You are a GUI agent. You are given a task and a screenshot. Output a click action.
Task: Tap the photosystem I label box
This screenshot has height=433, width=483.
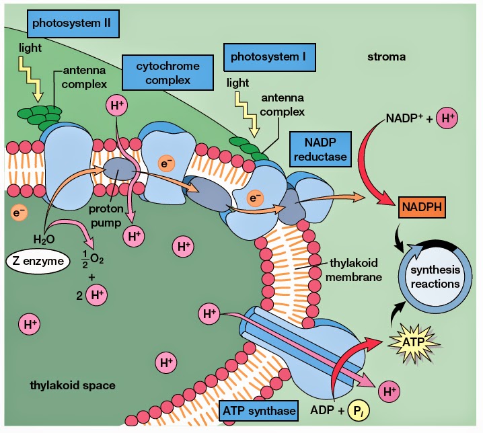[268, 57]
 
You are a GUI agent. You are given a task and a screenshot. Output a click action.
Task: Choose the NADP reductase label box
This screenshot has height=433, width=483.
[321, 149]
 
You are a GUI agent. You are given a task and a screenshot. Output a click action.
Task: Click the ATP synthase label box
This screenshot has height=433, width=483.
[258, 409]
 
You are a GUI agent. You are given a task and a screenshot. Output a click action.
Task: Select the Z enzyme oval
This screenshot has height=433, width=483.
[40, 260]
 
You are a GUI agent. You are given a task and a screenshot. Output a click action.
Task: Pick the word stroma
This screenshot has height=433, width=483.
[386, 57]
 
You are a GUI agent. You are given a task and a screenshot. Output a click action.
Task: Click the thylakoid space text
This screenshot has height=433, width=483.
[72, 385]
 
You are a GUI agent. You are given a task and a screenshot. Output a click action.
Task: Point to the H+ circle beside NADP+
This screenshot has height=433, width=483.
[447, 119]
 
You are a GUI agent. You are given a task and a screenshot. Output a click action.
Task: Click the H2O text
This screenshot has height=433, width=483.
[44, 239]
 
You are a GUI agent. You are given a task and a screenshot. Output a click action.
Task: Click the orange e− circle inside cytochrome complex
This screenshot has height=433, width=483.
[165, 163]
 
